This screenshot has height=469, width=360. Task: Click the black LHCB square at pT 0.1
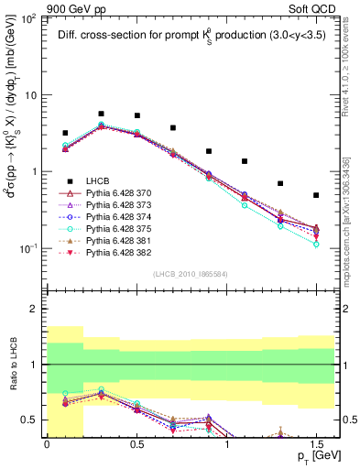tap(65, 133)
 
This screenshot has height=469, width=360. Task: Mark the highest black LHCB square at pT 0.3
tap(101, 114)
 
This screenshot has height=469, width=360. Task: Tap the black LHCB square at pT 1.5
tap(316, 195)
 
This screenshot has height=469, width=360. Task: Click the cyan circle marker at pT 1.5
tap(316, 245)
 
